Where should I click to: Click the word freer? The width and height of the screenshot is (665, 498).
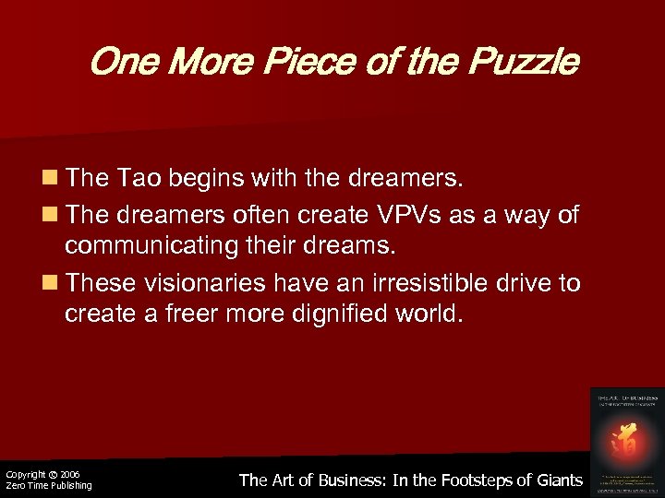point(184,313)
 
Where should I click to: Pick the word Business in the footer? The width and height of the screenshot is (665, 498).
point(339,480)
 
